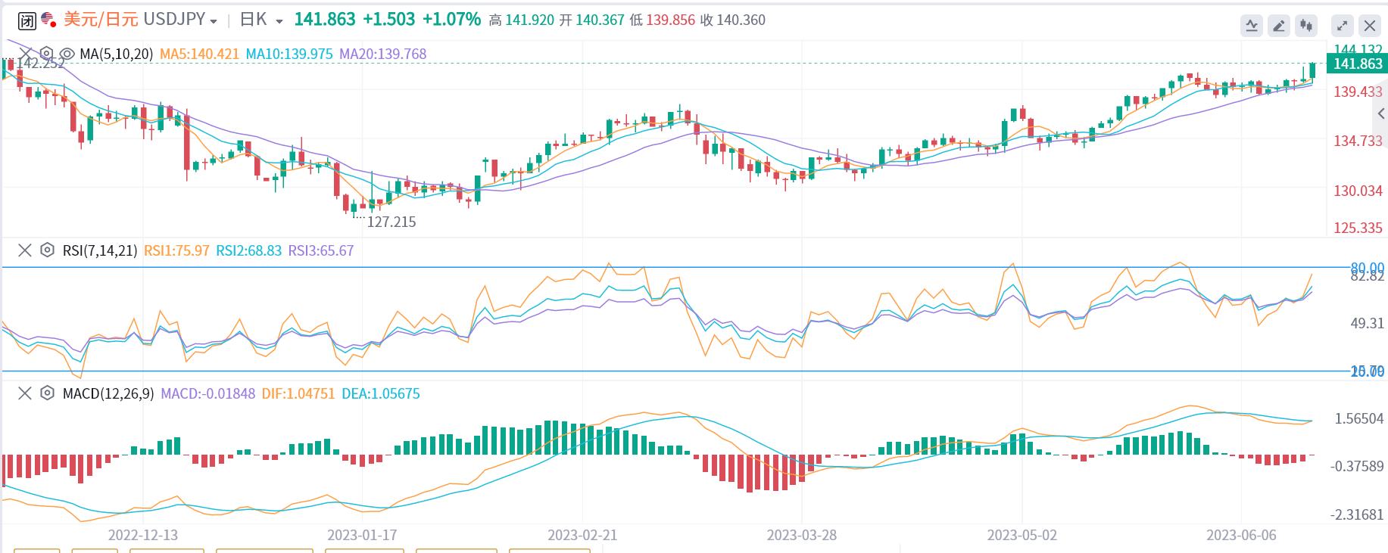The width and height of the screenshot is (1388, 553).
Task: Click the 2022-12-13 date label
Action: click(x=142, y=535)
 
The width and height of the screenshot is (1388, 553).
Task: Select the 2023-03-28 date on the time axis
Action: click(x=801, y=535)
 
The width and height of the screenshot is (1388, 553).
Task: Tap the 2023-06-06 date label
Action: click(x=1240, y=535)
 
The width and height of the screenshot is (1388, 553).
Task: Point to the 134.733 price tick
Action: click(x=1357, y=141)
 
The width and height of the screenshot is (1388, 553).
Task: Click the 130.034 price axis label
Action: click(x=1357, y=191)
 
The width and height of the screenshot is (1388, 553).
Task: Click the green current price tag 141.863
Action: click(x=1357, y=64)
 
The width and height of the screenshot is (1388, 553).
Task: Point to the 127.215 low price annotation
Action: click(x=391, y=222)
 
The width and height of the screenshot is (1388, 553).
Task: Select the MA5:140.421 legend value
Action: click(x=199, y=54)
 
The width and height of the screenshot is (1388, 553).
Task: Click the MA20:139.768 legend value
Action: click(x=382, y=54)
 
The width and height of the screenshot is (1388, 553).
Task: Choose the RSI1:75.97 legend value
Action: click(x=176, y=250)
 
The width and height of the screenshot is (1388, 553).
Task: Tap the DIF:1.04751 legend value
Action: click(x=298, y=393)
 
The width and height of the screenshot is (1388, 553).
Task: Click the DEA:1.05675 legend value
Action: click(x=380, y=393)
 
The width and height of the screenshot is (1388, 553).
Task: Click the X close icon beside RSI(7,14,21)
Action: click(x=25, y=250)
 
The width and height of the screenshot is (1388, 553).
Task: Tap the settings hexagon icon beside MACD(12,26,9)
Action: click(x=47, y=393)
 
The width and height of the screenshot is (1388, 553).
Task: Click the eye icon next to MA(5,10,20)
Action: click(x=67, y=54)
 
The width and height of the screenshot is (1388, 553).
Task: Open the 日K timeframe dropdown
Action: click(x=260, y=20)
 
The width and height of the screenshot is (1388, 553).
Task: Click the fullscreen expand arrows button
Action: click(x=1342, y=26)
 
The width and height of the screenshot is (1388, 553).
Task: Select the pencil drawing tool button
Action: click(x=1279, y=26)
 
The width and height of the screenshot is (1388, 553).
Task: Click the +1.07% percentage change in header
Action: click(x=451, y=20)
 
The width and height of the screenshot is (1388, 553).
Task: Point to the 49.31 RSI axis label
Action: click(x=1366, y=323)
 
